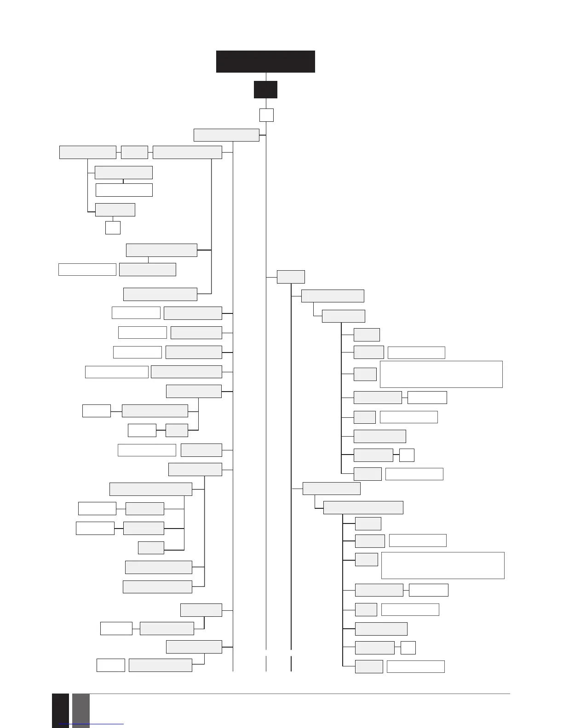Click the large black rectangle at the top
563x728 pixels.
265,62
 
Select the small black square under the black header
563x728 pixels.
265,90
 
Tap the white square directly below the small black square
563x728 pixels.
266,115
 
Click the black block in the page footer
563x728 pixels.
60,711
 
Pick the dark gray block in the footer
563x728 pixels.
81,711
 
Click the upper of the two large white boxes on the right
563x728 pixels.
441,374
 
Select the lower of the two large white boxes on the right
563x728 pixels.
442,565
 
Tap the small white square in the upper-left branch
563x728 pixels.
113,227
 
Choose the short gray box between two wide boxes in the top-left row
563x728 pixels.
134,152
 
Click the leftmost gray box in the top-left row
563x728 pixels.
87,152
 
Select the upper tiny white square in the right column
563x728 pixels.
407,455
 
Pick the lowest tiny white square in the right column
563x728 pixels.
408,648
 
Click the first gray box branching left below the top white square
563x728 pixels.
226,135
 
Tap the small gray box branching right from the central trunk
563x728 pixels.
291,277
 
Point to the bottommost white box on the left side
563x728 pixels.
111,665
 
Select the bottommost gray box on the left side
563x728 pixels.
160,665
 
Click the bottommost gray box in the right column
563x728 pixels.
369,666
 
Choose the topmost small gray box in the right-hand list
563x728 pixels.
367,334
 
